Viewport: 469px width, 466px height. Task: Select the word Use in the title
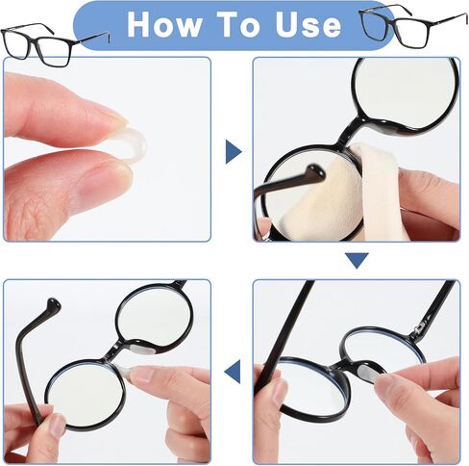[309, 25]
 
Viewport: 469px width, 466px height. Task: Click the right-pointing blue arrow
[234, 151]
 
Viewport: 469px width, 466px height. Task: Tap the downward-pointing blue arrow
[357, 260]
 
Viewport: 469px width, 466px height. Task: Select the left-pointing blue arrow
[233, 372]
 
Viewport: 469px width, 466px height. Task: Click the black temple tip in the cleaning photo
[315, 172]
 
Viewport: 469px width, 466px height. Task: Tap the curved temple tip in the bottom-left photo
[53, 305]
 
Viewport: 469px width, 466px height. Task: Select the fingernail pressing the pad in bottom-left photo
[143, 375]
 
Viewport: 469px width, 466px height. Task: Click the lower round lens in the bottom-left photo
[85, 394]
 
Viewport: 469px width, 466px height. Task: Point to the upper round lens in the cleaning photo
[406, 93]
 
